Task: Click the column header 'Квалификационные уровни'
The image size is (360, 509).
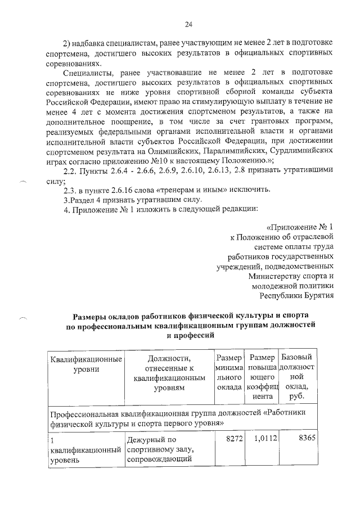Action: click(86, 364)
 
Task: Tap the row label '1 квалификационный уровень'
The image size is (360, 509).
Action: click(85, 449)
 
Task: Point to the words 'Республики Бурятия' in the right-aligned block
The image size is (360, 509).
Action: click(296, 294)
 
